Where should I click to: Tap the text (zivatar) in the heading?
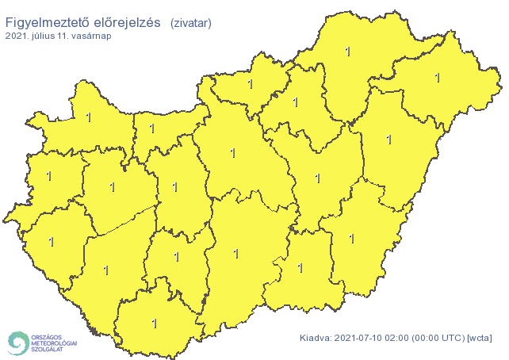(x=190, y=24)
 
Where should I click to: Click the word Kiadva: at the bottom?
(x=316, y=339)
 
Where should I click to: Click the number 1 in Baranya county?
(x=154, y=324)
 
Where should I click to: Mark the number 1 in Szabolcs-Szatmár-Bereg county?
(x=437, y=78)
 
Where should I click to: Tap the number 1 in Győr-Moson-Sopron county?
(x=87, y=118)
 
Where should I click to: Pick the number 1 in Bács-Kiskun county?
(x=235, y=254)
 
